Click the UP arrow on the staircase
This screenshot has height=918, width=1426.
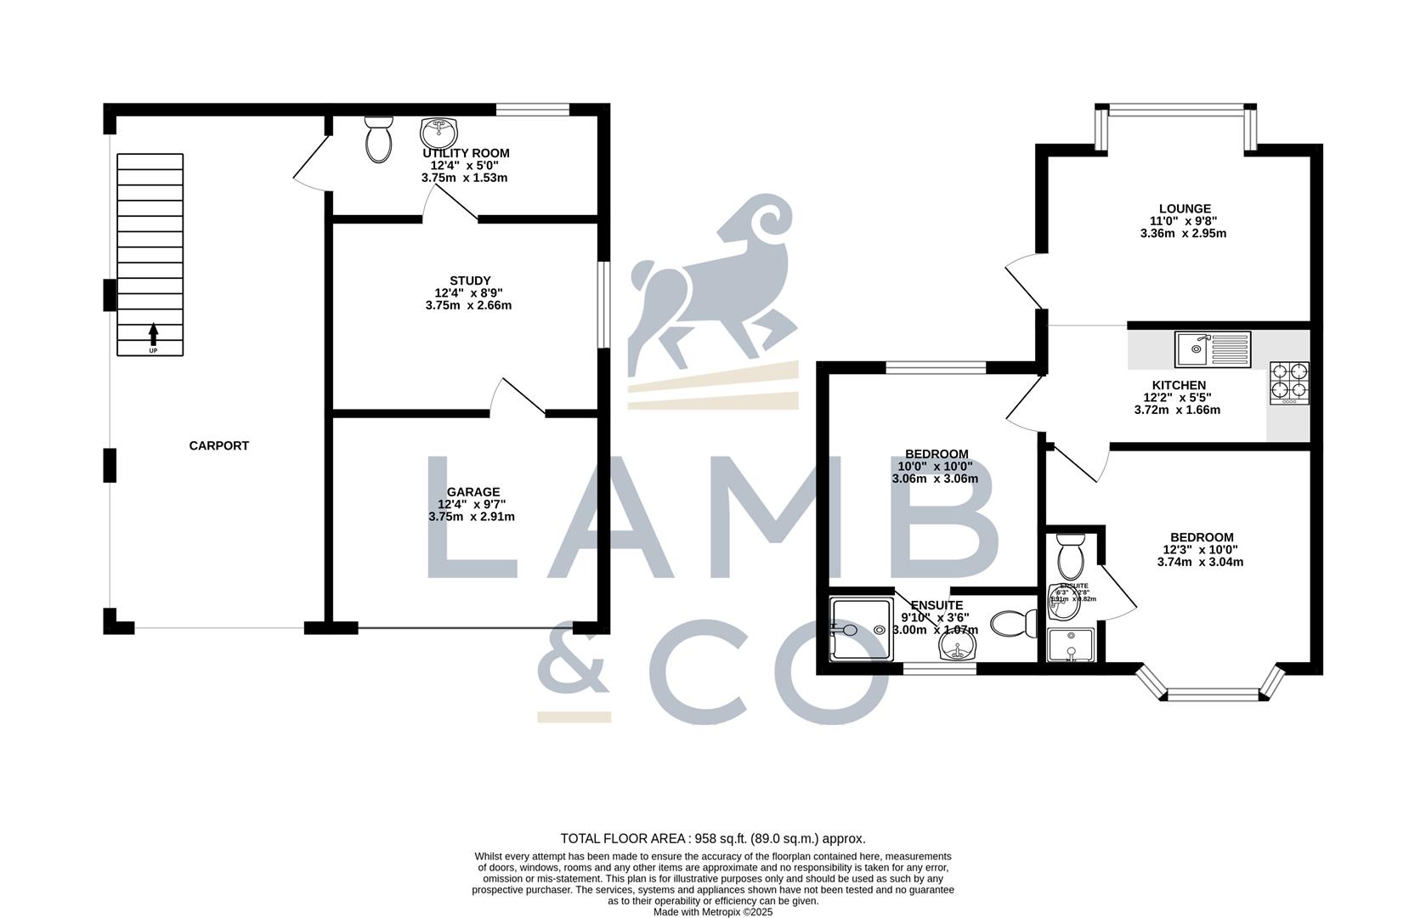click(153, 333)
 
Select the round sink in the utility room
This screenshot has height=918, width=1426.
click(439, 133)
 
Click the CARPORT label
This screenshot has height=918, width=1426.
click(218, 445)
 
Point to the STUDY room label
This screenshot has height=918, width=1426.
click(470, 280)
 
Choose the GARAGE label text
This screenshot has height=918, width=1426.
click(473, 491)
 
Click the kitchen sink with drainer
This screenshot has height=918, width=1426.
click(1213, 348)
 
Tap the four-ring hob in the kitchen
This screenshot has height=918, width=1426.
click(1289, 382)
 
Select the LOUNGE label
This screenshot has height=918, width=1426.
click(1185, 208)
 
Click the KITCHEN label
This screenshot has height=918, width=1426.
click(1179, 385)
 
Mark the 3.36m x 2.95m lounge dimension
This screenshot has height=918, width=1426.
click(1183, 233)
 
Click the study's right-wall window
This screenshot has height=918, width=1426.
click(603, 304)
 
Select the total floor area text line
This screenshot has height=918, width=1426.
click(712, 838)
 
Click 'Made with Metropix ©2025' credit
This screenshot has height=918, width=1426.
click(712, 912)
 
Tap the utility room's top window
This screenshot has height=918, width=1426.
click(533, 109)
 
